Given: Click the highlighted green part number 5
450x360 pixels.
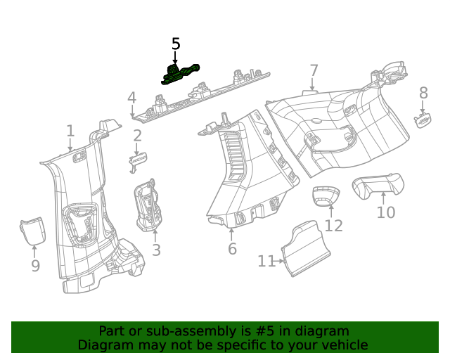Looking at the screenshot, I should click(180, 74).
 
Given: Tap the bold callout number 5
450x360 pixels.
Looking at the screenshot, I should click(176, 44).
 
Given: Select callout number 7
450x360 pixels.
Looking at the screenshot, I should click(314, 71).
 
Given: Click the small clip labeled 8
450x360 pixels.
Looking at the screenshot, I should click(423, 120).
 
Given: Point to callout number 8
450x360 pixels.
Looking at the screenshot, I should click(423, 93).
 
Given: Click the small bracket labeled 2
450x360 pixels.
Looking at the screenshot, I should click(138, 161).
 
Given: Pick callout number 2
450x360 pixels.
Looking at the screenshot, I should click(138, 136).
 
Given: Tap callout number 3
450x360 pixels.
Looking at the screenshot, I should click(156, 250).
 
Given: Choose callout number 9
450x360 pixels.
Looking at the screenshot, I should click(35, 266).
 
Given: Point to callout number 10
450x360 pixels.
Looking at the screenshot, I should click(386, 212).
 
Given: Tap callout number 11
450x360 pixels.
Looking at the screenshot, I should click(266, 262).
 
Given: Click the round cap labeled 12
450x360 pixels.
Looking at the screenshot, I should click(326, 197).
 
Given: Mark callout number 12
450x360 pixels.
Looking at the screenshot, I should click(333, 226).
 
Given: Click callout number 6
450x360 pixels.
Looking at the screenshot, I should click(232, 249).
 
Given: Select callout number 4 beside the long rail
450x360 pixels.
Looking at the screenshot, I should click(131, 98).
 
